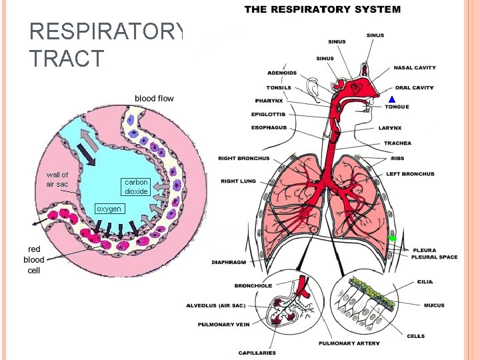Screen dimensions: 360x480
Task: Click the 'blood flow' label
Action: (x=154, y=99)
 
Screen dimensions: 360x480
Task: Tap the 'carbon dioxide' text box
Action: (x=136, y=187)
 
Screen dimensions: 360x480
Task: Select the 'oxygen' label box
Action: (x=109, y=209)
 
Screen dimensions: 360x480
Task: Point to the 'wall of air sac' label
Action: (x=57, y=179)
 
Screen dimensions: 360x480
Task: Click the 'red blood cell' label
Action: (x=34, y=259)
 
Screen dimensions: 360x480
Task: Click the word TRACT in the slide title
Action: (x=67, y=59)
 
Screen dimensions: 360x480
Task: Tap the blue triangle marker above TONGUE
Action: (x=392, y=100)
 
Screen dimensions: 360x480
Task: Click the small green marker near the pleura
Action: (x=393, y=238)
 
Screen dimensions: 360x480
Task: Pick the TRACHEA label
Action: (x=397, y=143)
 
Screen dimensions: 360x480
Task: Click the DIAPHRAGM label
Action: (x=229, y=263)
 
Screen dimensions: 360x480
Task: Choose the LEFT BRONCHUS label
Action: (x=410, y=174)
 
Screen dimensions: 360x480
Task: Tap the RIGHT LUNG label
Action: (x=239, y=181)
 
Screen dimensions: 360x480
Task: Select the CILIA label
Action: (x=425, y=282)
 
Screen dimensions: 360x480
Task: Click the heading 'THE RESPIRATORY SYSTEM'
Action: (x=323, y=9)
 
